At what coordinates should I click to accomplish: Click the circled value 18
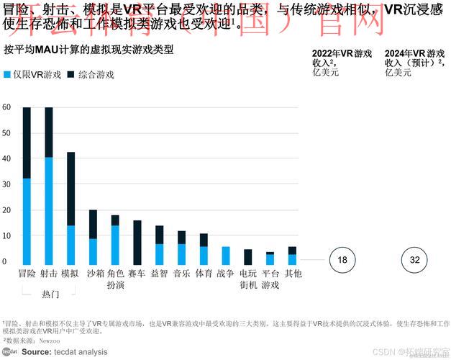click(x=342, y=260)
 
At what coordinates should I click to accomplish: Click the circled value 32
click(x=414, y=260)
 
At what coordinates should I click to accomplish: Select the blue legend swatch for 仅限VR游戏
click(x=7, y=75)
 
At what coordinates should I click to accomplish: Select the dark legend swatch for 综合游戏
click(x=70, y=75)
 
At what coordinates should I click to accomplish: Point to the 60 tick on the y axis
click(x=6, y=107)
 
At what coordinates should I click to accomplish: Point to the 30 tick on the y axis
click(x=6, y=184)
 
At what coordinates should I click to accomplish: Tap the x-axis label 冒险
click(x=27, y=274)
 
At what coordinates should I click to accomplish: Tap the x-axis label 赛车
click(x=137, y=274)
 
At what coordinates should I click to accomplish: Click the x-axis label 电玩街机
click(x=248, y=279)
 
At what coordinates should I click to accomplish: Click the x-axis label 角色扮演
click(x=115, y=279)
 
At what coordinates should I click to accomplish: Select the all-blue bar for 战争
click(x=226, y=256)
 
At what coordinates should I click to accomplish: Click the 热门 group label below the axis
click(x=50, y=294)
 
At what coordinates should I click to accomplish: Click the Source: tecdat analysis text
click(x=64, y=352)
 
